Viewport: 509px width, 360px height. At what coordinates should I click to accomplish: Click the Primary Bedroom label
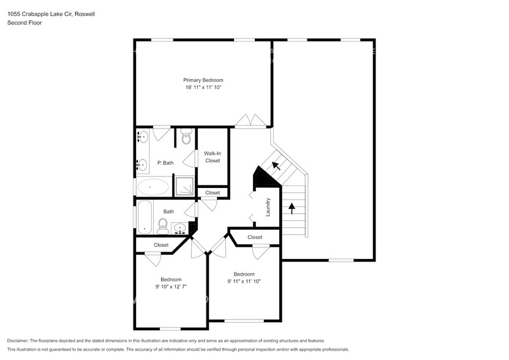click(x=203, y=80)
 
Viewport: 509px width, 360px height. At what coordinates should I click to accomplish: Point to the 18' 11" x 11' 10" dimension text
click(x=203, y=88)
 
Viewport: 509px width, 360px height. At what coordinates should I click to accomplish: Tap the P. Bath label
click(x=164, y=163)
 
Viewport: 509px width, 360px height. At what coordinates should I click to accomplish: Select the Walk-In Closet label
click(x=213, y=157)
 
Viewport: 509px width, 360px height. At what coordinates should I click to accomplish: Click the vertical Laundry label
click(x=268, y=207)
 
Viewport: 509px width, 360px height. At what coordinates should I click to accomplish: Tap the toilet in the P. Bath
click(x=186, y=137)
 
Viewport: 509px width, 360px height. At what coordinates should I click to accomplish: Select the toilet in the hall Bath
click(x=163, y=227)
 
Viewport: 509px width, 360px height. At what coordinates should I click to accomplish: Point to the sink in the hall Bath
click(x=180, y=228)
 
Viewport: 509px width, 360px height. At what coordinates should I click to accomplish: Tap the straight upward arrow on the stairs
click(x=292, y=209)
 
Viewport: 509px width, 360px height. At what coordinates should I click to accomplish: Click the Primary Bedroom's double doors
click(x=251, y=121)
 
